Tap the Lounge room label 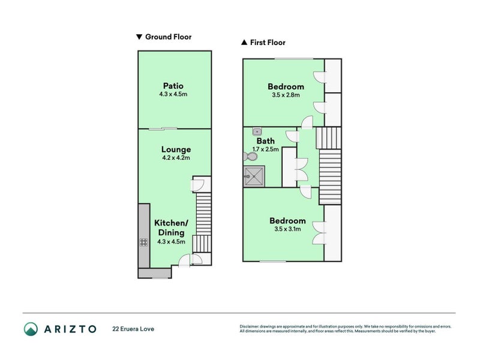(x=176, y=149)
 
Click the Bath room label (x=265, y=141)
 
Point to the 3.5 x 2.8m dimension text (x=286, y=95)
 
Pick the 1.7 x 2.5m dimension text (x=265, y=149)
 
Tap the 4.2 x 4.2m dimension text (x=176, y=158)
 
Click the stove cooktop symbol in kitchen (x=144, y=242)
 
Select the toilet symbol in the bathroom (x=250, y=157)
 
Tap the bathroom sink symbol (x=257, y=131)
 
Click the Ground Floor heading (x=168, y=37)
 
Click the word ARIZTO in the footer (x=70, y=329)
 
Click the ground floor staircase (x=204, y=222)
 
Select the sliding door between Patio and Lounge (x=163, y=128)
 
